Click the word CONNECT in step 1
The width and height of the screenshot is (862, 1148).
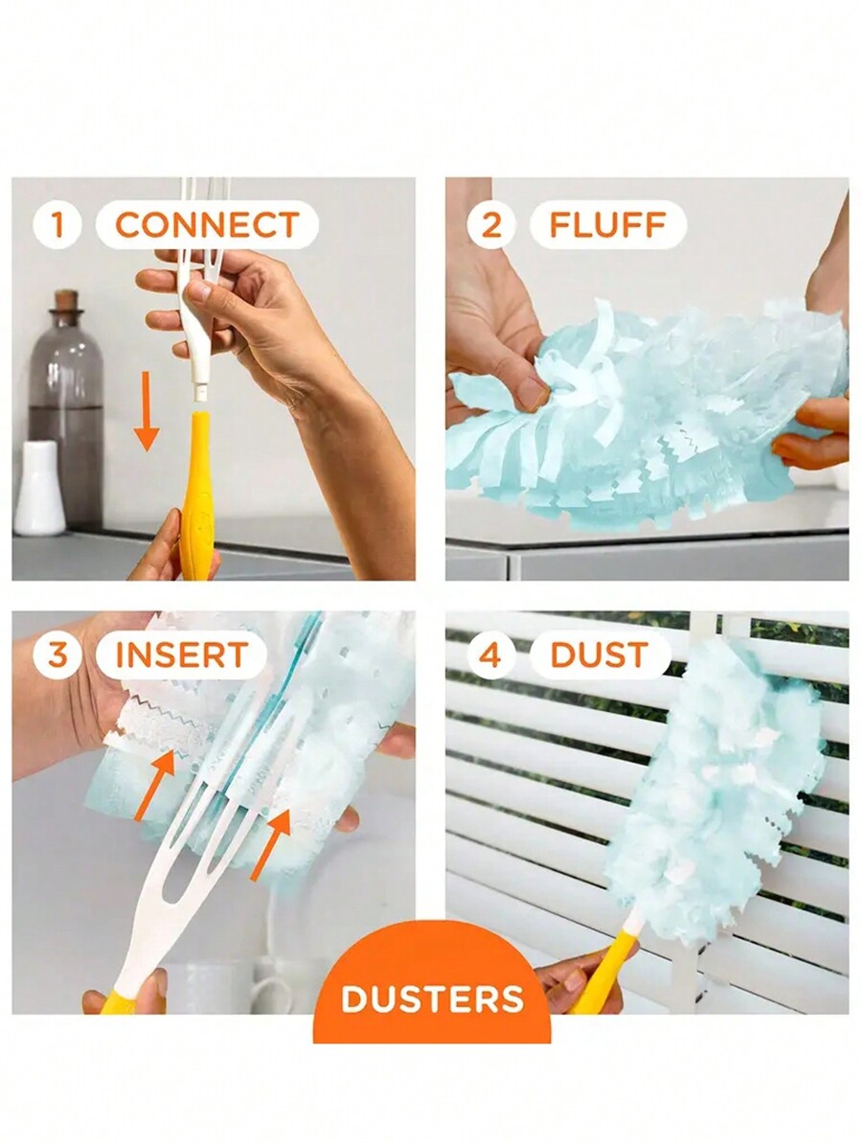207,225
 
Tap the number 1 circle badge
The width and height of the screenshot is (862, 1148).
57,225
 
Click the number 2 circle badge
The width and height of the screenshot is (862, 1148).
490,225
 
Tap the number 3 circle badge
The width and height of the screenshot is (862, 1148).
57,655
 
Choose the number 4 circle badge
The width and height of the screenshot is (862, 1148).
490,655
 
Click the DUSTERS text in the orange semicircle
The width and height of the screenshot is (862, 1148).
432,999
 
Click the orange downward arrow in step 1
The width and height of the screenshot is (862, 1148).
146,411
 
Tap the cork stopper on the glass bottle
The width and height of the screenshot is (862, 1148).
65,301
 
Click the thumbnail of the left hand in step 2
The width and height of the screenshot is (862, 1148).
533,394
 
